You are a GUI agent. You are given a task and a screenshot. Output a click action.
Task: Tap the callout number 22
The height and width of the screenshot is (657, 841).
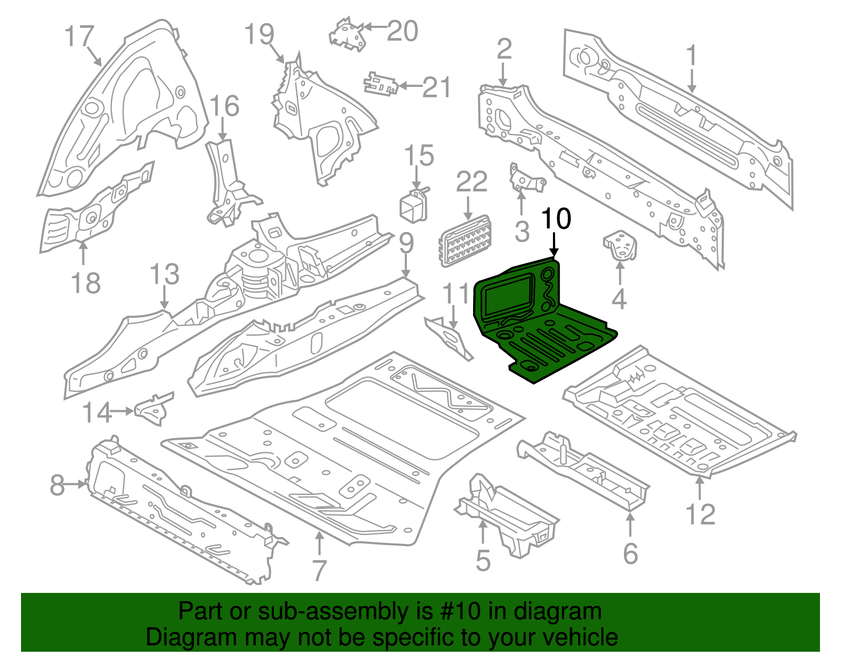click(x=471, y=183)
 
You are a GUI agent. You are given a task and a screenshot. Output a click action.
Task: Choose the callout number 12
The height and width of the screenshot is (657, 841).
click(x=701, y=514)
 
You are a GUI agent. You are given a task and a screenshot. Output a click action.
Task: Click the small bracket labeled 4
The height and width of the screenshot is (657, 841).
click(x=620, y=246)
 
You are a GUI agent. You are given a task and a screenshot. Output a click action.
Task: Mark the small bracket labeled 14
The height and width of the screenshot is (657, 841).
click(x=154, y=408)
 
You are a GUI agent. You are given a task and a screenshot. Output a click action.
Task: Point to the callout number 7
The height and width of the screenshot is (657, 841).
click(x=319, y=571)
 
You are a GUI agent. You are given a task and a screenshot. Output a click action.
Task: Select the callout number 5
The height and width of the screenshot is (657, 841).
click(x=483, y=560)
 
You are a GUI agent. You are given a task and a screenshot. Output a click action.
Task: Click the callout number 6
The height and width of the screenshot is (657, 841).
click(x=630, y=554)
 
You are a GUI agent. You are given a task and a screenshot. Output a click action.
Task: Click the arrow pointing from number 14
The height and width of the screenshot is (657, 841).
click(x=124, y=411)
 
